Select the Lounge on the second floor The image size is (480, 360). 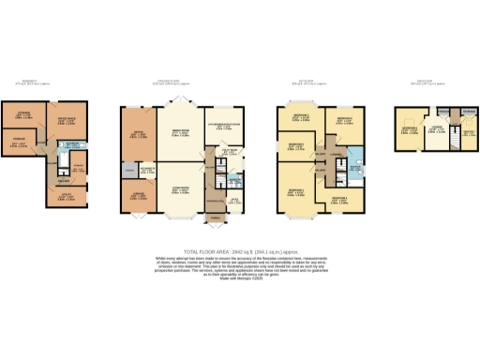point(435,130)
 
